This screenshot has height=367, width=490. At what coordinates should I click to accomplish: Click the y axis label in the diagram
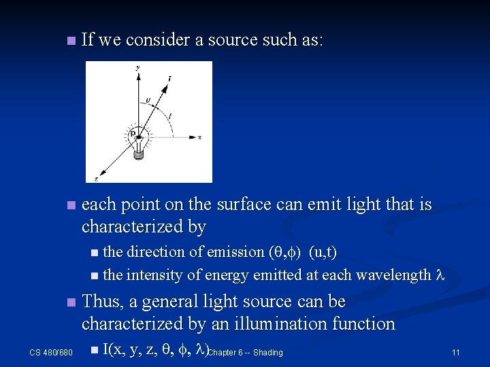point(138,67)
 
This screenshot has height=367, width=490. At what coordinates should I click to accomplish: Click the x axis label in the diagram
point(199,137)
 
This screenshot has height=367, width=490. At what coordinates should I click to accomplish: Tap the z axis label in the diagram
point(96,179)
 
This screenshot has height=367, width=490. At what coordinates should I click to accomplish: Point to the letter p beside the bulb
point(132,135)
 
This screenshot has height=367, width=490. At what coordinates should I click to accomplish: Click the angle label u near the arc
point(148,100)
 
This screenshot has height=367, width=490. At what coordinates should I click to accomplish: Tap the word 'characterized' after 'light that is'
point(132,226)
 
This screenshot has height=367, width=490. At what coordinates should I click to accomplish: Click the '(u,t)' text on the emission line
point(323,252)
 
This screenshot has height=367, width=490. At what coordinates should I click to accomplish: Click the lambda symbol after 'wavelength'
point(439,275)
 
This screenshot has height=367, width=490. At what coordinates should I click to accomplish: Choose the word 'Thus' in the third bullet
point(100,302)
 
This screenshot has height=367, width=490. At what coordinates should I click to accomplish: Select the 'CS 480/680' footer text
point(52,353)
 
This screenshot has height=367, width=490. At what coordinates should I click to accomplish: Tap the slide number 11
point(455,353)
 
